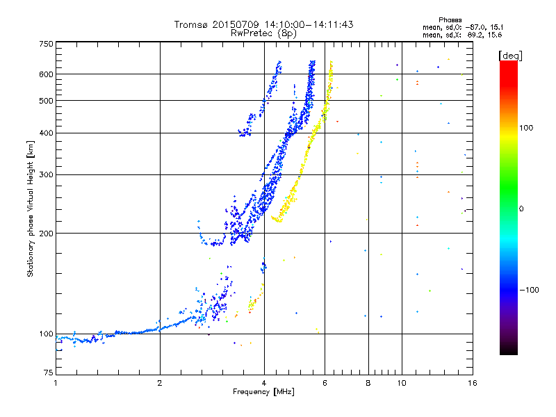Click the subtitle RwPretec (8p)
[263, 33]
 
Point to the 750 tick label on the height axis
[47, 44]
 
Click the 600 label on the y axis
[47, 74]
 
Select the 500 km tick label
[47, 101]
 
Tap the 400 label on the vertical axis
[47, 133]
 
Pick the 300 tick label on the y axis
[47, 174]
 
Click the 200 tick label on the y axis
[47, 234]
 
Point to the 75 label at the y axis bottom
[49, 373]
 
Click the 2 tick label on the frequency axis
[160, 383]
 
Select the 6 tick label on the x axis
[325, 383]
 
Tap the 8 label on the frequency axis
[368, 383]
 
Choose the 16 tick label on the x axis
[473, 383]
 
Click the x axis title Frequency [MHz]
[264, 392]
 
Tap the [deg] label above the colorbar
[510, 56]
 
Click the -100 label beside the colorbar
[530, 290]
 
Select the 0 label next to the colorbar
[521, 209]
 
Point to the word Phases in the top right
[450, 20]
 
